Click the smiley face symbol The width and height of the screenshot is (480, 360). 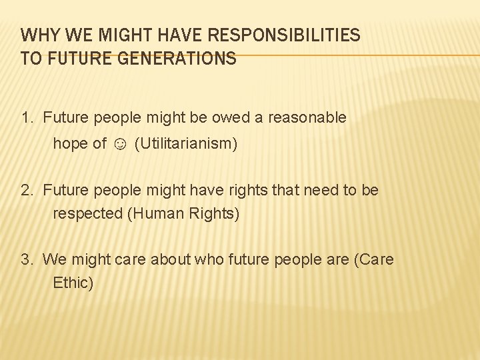point(120,144)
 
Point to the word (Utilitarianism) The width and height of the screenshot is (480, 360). point(185,144)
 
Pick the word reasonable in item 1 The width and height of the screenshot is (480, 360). point(307,118)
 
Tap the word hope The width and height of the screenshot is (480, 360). point(71,144)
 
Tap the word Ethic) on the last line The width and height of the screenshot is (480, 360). point(73,283)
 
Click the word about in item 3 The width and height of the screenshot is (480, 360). point(171,259)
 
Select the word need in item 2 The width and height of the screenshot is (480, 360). point(321,190)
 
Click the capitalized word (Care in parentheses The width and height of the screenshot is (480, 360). point(373,259)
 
